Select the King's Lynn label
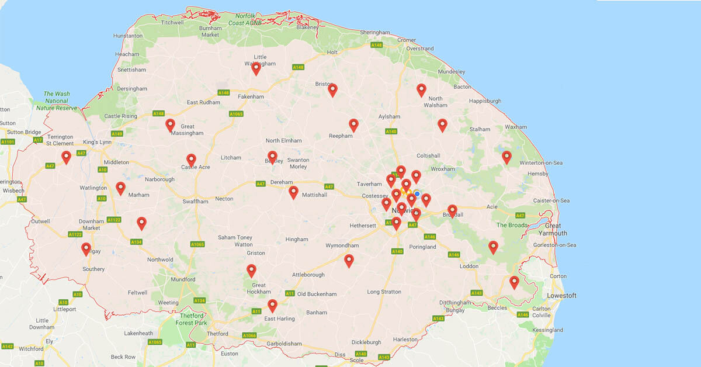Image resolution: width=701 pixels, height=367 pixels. tap(96, 143)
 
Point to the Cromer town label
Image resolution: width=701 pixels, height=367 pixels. tap(407, 40)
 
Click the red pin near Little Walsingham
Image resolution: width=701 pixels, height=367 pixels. tap(256, 68)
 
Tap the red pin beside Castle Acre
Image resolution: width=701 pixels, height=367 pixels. tap(191, 160)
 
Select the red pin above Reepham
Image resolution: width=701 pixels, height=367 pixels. tap(353, 125)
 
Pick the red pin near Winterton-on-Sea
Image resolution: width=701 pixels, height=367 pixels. tap(506, 157)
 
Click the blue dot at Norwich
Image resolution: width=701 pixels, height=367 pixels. tap(417, 193)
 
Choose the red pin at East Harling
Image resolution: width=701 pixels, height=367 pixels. tap(272, 305)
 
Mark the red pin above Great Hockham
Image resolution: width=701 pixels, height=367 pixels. tap(251, 270)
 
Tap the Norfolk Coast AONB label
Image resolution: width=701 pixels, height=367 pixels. tap(250, 19)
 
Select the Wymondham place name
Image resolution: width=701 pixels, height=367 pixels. tap(340, 245)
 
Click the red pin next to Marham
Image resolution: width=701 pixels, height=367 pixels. tap(120, 188)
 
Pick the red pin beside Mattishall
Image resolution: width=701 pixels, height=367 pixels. tap(293, 192)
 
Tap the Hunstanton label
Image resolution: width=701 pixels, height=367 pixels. tap(127, 36)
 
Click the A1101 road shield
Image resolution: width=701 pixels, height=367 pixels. tap(8, 141)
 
